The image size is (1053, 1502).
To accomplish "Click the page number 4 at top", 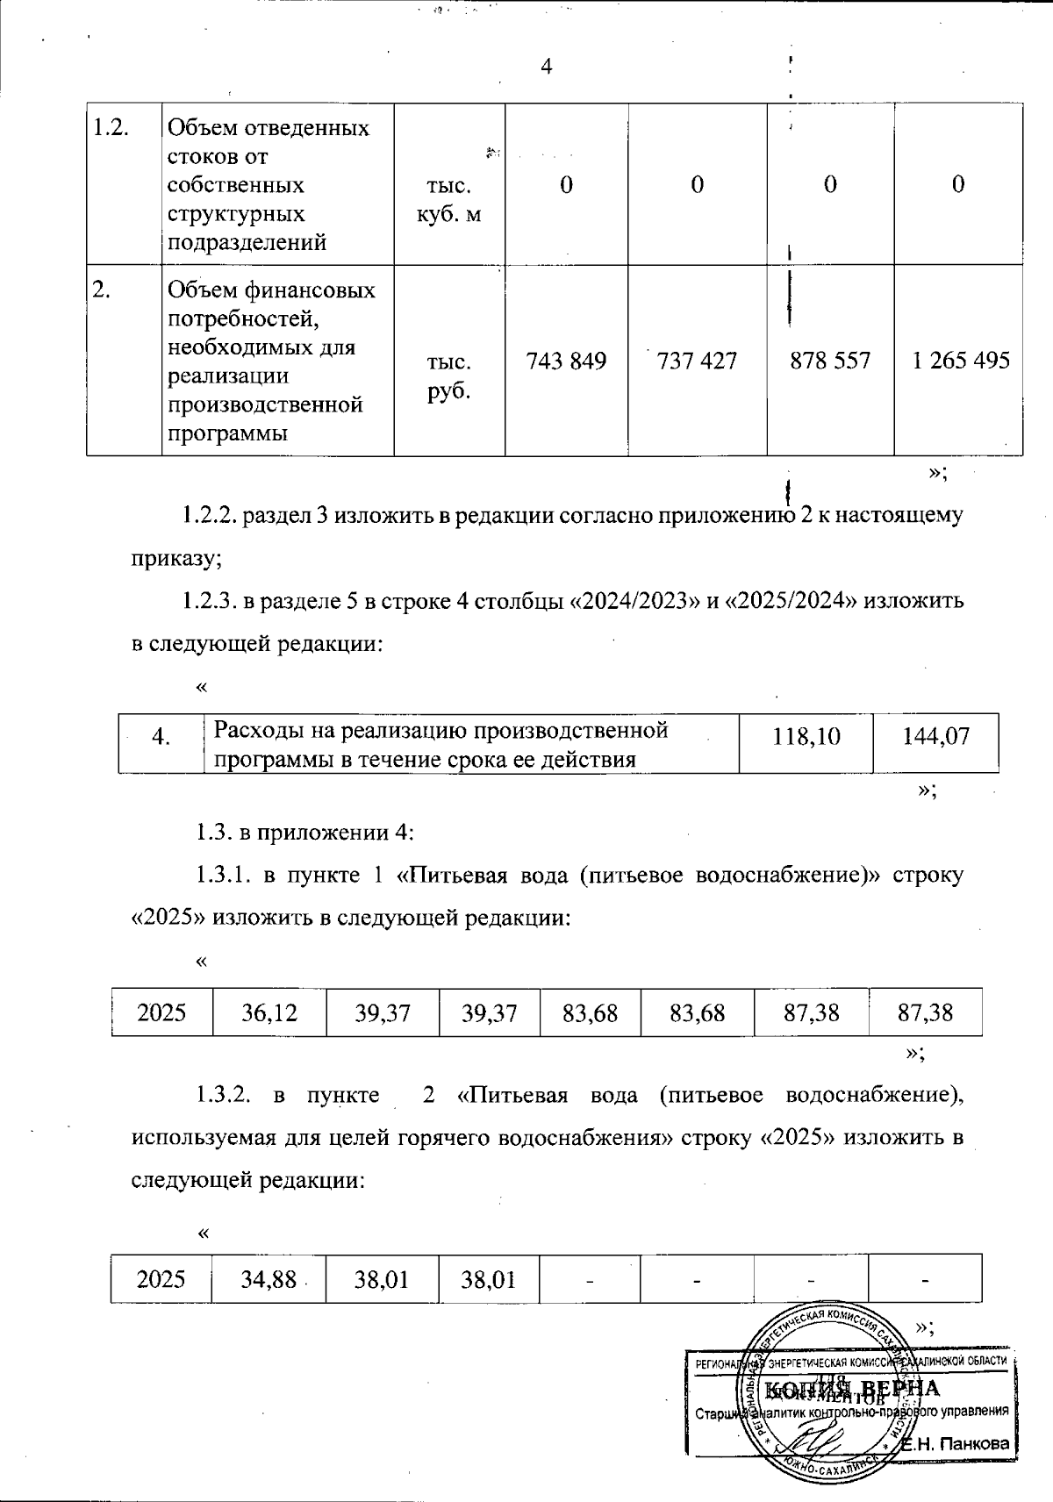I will pos(546,68).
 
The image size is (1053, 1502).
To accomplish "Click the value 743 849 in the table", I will pos(566,361).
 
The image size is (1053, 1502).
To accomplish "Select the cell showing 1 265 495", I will pos(961,361).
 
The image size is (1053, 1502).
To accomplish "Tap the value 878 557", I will pos(830,361).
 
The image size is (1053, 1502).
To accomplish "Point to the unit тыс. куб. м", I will pos(449,200).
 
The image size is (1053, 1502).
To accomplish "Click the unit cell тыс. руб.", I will pos(449,376).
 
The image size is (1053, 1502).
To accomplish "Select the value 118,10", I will pos(806,736).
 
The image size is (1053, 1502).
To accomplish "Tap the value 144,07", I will pos(936,736).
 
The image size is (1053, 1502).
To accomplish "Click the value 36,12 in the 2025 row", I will pos(269,1013).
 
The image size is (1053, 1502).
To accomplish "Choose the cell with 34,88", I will pos(268,1280).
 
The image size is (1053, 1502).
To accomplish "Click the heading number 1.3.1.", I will pos(226,875).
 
